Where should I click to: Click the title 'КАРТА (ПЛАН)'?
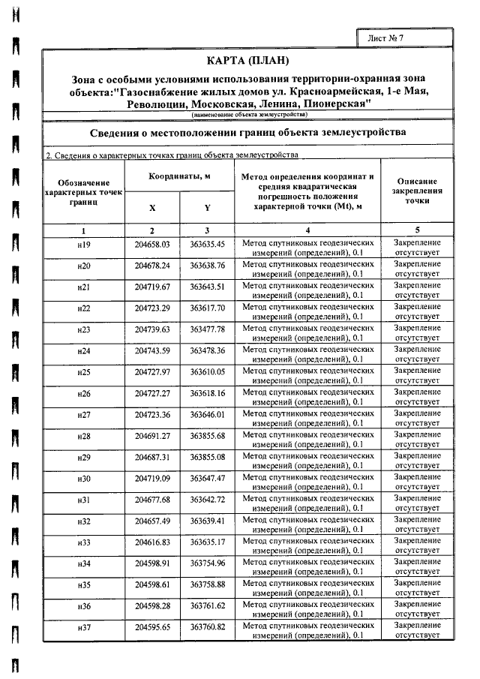coord(247,60)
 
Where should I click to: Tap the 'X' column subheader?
coord(152,208)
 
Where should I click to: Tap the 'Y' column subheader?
coord(207,208)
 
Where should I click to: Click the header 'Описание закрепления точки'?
coord(417,191)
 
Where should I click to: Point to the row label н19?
coord(84,245)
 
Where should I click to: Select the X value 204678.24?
coord(152,266)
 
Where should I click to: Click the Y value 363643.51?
coord(207,287)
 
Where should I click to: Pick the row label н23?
coord(84,329)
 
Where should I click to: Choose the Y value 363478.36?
coord(207,350)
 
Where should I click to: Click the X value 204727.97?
coord(152,372)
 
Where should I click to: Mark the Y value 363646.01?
coord(207,414)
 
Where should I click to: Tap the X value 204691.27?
coord(152,436)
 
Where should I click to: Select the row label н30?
coord(84,478)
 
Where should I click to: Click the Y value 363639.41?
coord(207,521)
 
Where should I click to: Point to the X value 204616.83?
coord(152,542)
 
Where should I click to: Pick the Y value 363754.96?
coord(207,563)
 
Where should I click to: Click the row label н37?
coord(84,626)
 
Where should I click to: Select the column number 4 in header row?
coord(307,230)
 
